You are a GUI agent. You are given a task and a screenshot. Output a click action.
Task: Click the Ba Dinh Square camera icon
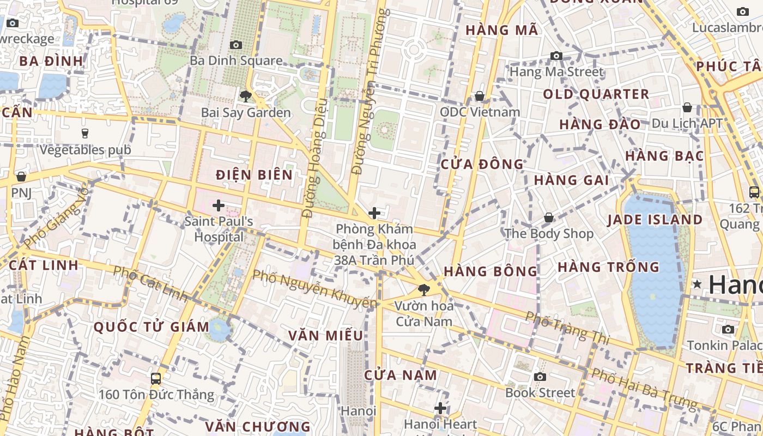click(236, 45)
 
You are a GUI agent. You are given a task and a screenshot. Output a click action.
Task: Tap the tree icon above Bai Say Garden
click(246, 96)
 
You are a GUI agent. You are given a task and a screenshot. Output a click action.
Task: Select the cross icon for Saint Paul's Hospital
click(219, 205)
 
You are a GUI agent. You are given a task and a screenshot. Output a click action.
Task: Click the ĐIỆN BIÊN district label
click(254, 175)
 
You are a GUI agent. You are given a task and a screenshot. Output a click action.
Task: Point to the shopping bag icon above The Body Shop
click(549, 217)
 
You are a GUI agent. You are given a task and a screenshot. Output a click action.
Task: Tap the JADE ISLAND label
click(655, 220)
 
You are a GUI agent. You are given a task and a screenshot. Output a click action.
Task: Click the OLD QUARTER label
click(596, 94)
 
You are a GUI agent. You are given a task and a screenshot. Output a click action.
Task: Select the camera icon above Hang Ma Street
click(556, 56)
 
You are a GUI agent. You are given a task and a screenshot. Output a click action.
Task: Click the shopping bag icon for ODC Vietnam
click(480, 96)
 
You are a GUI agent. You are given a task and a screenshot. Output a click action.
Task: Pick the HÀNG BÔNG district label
click(491, 271)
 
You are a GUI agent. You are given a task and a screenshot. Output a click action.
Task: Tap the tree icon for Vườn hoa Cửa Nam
click(423, 289)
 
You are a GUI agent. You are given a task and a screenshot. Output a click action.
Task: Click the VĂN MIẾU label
click(326, 335)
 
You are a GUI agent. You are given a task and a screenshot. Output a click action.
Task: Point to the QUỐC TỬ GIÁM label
click(152, 327)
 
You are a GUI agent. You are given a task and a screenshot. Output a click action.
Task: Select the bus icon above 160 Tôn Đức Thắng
click(156, 378)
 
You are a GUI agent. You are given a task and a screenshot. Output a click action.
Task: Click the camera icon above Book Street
click(540, 377)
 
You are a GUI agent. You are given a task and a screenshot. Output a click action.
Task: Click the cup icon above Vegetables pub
click(85, 133)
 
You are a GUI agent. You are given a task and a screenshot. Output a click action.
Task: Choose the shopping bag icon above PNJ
click(21, 177)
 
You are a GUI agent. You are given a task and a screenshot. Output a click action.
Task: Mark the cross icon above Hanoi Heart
click(440, 408)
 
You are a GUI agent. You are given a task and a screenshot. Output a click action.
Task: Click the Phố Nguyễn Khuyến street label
click(315, 288)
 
